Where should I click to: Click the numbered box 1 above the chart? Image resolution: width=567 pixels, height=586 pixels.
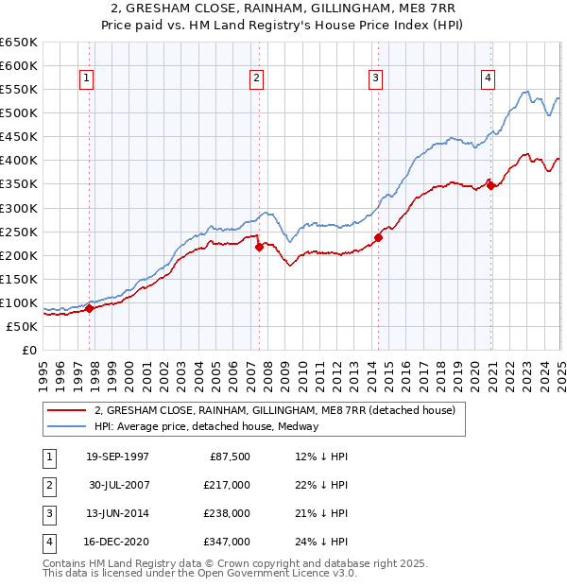tap(86, 78)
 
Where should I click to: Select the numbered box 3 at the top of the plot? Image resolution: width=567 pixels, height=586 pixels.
tap(375, 78)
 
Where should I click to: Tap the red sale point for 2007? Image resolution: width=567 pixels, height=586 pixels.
tap(259, 247)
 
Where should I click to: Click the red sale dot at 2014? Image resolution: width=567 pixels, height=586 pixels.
tap(378, 237)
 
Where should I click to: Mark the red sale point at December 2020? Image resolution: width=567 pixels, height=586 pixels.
tap(490, 185)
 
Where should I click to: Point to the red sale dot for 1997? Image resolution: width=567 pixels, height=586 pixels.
tap(89, 308)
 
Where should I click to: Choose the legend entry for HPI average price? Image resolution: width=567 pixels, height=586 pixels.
tap(206, 426)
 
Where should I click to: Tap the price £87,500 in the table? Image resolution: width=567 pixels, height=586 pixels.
tap(227, 457)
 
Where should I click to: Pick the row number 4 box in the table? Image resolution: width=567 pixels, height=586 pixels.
tap(48, 542)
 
